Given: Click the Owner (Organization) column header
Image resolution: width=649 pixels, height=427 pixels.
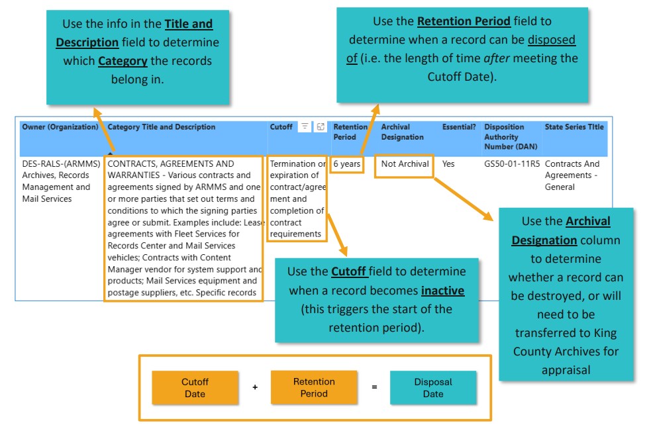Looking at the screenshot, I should (60, 127).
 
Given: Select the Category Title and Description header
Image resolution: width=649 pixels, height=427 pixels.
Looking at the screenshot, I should (162, 127).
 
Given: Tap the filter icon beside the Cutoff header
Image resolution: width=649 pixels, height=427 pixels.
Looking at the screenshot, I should (305, 127).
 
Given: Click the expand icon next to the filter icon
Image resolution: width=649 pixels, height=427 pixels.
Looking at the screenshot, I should (321, 127).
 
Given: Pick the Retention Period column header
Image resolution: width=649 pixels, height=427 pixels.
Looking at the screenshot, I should (350, 132).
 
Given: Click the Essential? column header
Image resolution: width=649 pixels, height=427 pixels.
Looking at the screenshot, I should (459, 127).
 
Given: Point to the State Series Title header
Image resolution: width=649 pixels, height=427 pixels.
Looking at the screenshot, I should (574, 127).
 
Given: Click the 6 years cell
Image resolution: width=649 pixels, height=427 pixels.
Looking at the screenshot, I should (347, 164).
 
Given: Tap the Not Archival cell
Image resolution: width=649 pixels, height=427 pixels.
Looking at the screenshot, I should (405, 164).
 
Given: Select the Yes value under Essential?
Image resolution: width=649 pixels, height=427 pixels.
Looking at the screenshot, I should (448, 164).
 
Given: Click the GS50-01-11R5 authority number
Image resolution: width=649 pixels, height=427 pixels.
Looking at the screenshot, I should (512, 164).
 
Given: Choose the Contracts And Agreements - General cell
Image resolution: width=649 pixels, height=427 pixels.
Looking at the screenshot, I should (572, 175).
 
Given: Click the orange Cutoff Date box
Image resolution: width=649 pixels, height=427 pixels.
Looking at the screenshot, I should (195, 388).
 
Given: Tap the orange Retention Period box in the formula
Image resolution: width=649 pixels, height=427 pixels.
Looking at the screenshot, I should (314, 388).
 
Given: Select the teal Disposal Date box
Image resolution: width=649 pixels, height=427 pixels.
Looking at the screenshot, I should (433, 388).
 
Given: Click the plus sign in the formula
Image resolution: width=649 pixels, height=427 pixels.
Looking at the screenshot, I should (255, 387).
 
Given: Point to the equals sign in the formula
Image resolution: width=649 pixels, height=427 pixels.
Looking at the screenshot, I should (374, 387).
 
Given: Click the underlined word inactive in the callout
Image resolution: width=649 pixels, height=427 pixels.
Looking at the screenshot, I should (442, 291).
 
